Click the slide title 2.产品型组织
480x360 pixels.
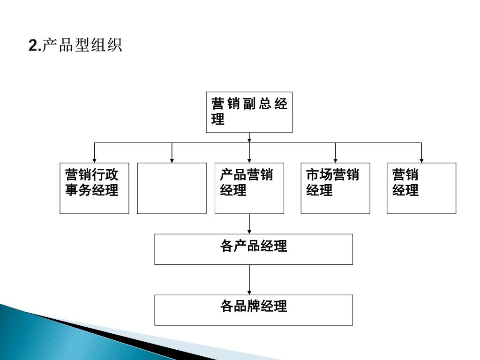pos(75,46)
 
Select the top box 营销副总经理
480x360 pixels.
pos(249,112)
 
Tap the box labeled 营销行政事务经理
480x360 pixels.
pos(94,188)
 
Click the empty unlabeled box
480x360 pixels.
pos(172,188)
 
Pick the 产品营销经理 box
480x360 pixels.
pos(249,188)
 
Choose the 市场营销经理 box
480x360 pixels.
pos(335,188)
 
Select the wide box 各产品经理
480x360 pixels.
pos(254,249)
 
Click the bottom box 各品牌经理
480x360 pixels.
pos(254,310)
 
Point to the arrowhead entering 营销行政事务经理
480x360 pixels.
pos(95,160)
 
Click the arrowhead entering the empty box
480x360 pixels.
pos(172,160)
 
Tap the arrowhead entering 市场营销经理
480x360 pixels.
pos(336,160)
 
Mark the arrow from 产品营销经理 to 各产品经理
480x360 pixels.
pos(249,224)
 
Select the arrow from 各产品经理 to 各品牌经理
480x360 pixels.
pos(249,280)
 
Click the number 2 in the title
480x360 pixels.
pos(32,46)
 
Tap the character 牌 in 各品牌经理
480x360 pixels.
pos(254,307)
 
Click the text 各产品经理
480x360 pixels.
pos(254,246)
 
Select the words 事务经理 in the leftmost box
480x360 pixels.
pos(92,191)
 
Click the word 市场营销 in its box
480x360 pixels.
pos(332,175)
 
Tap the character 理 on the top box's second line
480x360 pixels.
pos(217,120)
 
